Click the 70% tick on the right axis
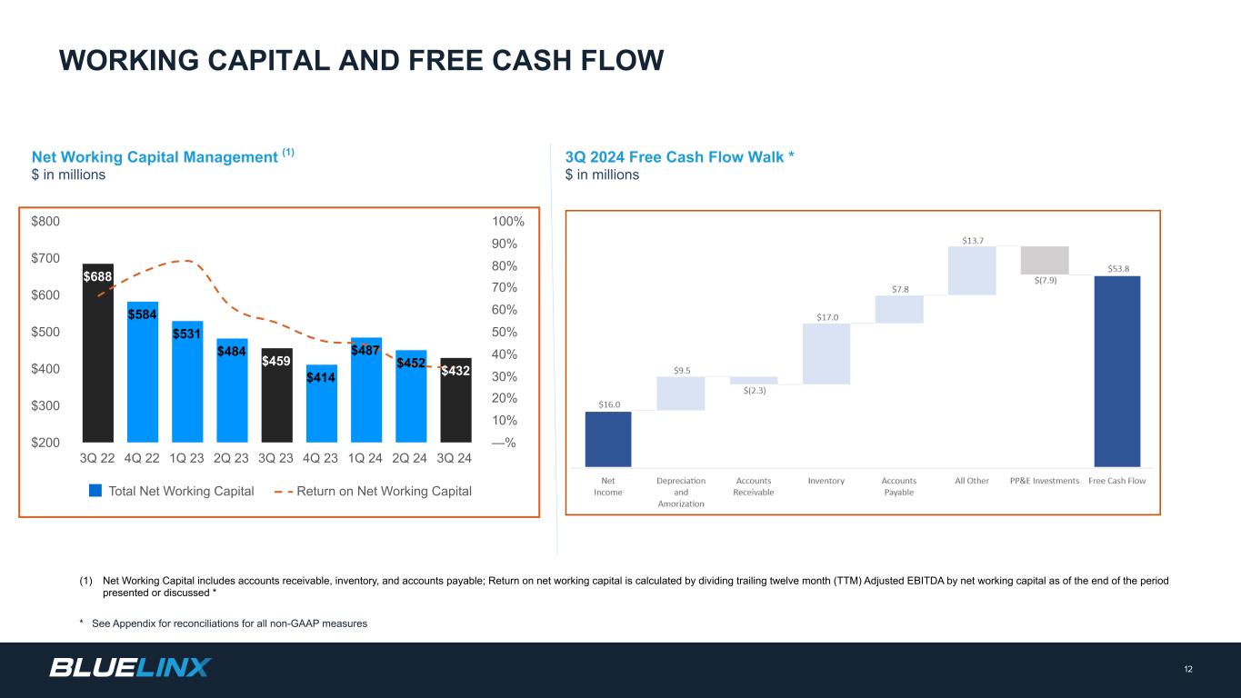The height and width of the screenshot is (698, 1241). coord(505,288)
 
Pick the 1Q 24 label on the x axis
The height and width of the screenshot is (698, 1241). coord(365,458)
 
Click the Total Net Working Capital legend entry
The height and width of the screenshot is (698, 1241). coord(171,492)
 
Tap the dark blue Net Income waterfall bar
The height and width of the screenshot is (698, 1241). coord(608,439)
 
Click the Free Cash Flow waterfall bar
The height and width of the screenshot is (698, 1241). coord(1116,371)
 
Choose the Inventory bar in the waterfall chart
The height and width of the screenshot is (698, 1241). coord(826,354)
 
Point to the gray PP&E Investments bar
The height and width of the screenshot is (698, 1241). coord(1045,260)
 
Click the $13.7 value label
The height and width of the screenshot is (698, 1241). coord(972,240)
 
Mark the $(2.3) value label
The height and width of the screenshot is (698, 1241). coord(754,391)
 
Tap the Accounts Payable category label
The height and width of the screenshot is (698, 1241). coord(899,486)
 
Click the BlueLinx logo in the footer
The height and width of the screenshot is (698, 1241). coord(130,668)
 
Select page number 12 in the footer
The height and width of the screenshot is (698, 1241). coord(1188,670)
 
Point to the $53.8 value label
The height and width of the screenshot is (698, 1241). coord(1119,269)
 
